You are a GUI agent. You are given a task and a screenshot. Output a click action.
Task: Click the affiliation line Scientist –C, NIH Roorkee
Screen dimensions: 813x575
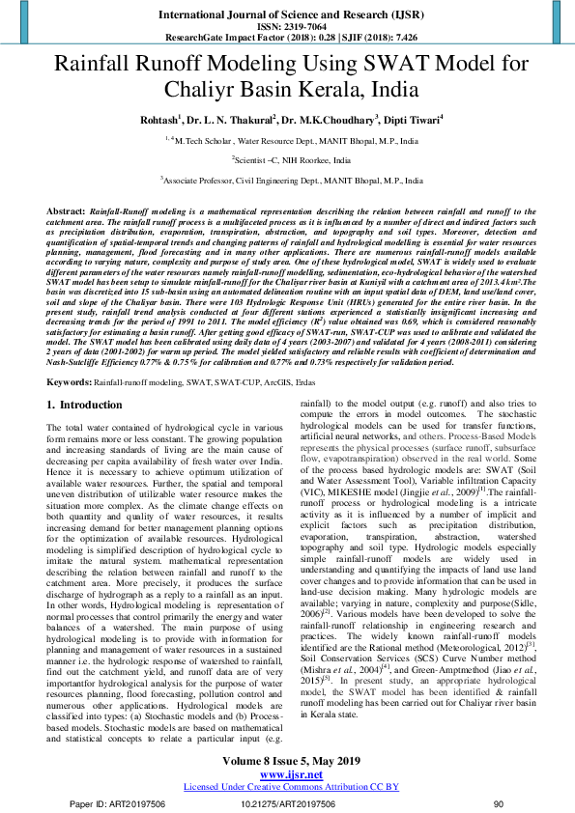pyautogui.click(x=287, y=159)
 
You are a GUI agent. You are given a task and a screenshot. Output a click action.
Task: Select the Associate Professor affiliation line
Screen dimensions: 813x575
pyautogui.click(x=287, y=181)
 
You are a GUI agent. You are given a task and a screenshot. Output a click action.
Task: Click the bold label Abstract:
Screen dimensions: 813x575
pyautogui.click(x=67, y=210)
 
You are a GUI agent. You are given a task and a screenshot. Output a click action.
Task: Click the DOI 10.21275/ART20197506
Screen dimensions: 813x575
pyautogui.click(x=287, y=802)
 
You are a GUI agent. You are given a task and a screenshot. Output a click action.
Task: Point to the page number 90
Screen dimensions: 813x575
pyautogui.click(x=499, y=802)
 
